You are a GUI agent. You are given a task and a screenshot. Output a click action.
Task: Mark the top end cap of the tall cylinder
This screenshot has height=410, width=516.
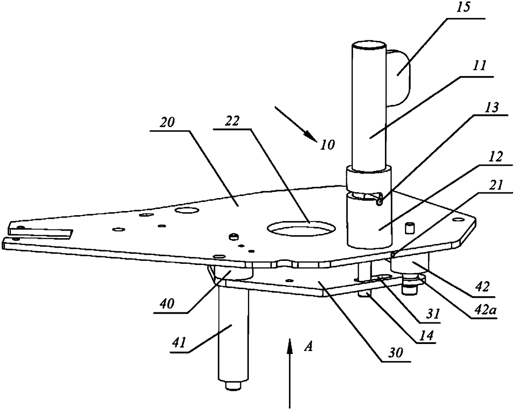pos(369,45)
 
